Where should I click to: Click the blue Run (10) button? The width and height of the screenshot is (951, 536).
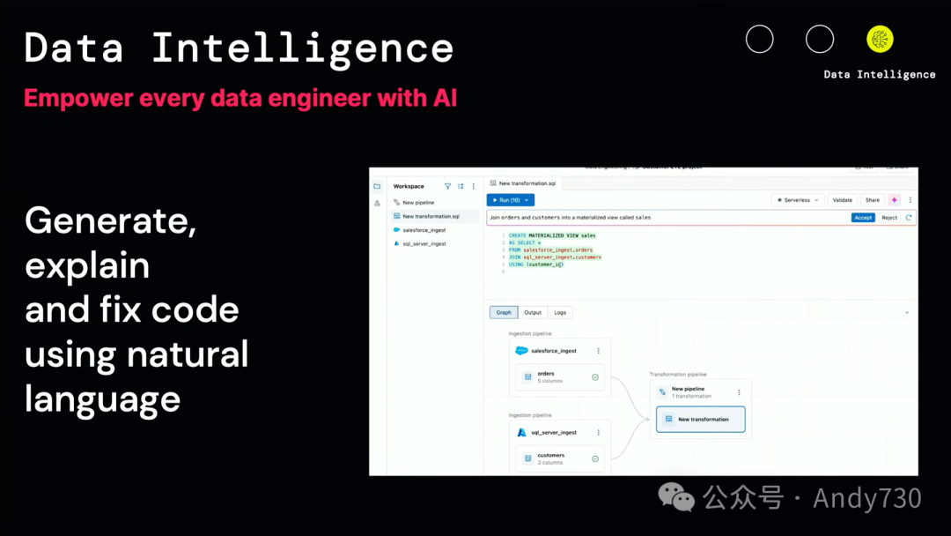[510, 200]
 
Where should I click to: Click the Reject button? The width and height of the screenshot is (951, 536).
[889, 217]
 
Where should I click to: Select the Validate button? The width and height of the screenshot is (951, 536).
[843, 200]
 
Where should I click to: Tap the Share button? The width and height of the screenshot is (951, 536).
[872, 200]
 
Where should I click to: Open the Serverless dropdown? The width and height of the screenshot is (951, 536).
[798, 200]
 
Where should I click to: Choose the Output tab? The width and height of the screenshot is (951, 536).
[533, 312]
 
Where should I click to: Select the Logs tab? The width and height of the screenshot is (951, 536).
[560, 312]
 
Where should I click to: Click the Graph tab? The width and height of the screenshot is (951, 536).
[504, 312]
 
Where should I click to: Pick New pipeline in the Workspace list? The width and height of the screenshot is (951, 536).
[418, 203]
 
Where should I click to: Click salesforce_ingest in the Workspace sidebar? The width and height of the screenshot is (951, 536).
[424, 230]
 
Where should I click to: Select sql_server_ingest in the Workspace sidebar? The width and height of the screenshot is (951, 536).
[424, 243]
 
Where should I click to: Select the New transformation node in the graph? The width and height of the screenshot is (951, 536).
[701, 420]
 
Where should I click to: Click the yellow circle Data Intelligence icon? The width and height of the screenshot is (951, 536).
[880, 39]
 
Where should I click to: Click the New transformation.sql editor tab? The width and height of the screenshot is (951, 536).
[527, 183]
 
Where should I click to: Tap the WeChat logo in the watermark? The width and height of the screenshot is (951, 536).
[677, 498]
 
